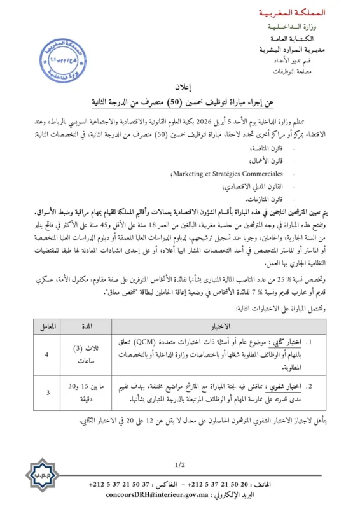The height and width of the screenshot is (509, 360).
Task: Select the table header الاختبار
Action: click(219, 326)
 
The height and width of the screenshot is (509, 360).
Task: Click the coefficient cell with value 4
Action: click(47, 354)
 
